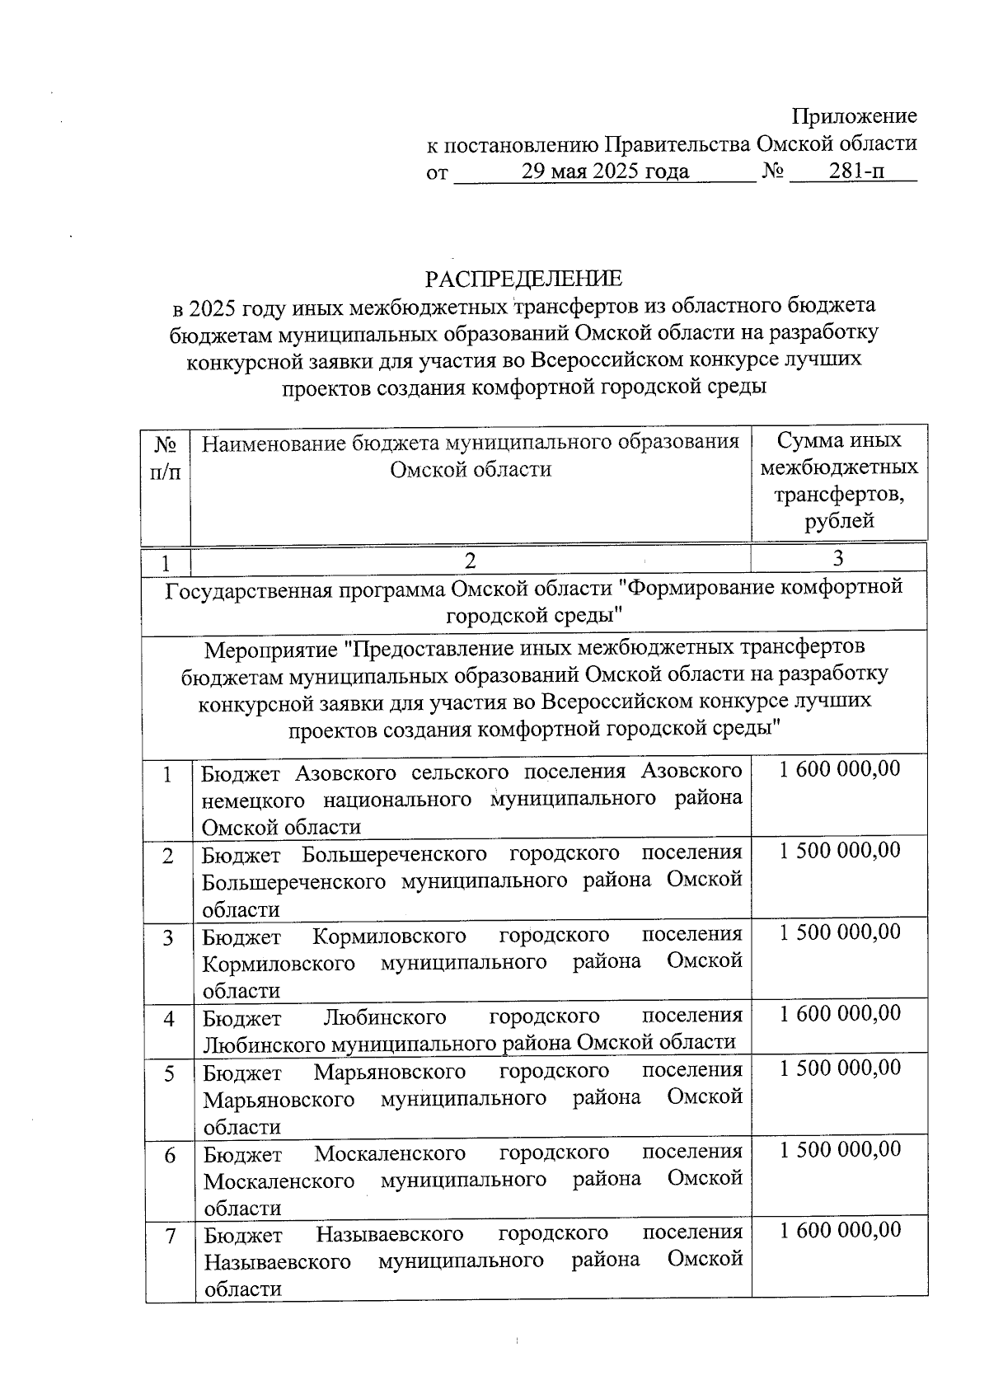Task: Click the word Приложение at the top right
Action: tap(854, 116)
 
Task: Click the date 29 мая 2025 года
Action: tap(605, 171)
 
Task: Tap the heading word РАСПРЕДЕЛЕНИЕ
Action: tap(523, 279)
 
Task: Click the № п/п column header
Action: tap(166, 458)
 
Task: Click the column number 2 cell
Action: tap(470, 561)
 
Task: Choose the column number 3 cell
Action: tap(838, 559)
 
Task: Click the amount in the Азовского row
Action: tap(839, 769)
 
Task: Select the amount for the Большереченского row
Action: tap(839, 850)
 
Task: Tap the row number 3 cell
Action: tap(168, 938)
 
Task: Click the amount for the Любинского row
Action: tap(839, 1012)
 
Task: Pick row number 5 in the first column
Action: tap(168, 1074)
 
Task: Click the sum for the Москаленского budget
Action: tap(839, 1148)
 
